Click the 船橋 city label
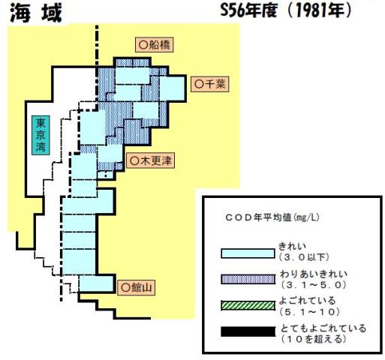pyautogui.click(x=154, y=45)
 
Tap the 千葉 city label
pyautogui.click(x=210, y=84)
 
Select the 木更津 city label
pyautogui.click(x=151, y=161)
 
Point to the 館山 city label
pyautogui.click(x=136, y=288)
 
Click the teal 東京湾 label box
pyautogui.click(x=41, y=135)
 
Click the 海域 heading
pyautogui.click(x=36, y=13)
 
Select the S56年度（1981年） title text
pyautogui.click(x=286, y=11)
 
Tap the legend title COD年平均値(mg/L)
pyautogui.click(x=272, y=217)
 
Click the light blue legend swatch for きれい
pyautogui.click(x=248, y=253)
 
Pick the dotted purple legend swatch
pyautogui.click(x=248, y=279)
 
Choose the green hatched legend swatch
pyautogui.click(x=248, y=305)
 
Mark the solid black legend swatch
pyautogui.click(x=248, y=331)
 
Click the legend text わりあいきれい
pyautogui.click(x=314, y=274)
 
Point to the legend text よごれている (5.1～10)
pyautogui.click(x=310, y=306)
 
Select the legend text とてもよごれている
pyautogui.click(x=323, y=328)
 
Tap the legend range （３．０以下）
pyautogui.click(x=304, y=257)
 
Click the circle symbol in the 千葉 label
pyautogui.click(x=199, y=84)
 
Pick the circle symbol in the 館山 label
pyautogui.click(x=125, y=288)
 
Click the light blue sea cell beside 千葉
pyautogui.click(x=172, y=88)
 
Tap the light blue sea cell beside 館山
pyautogui.click(x=96, y=283)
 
